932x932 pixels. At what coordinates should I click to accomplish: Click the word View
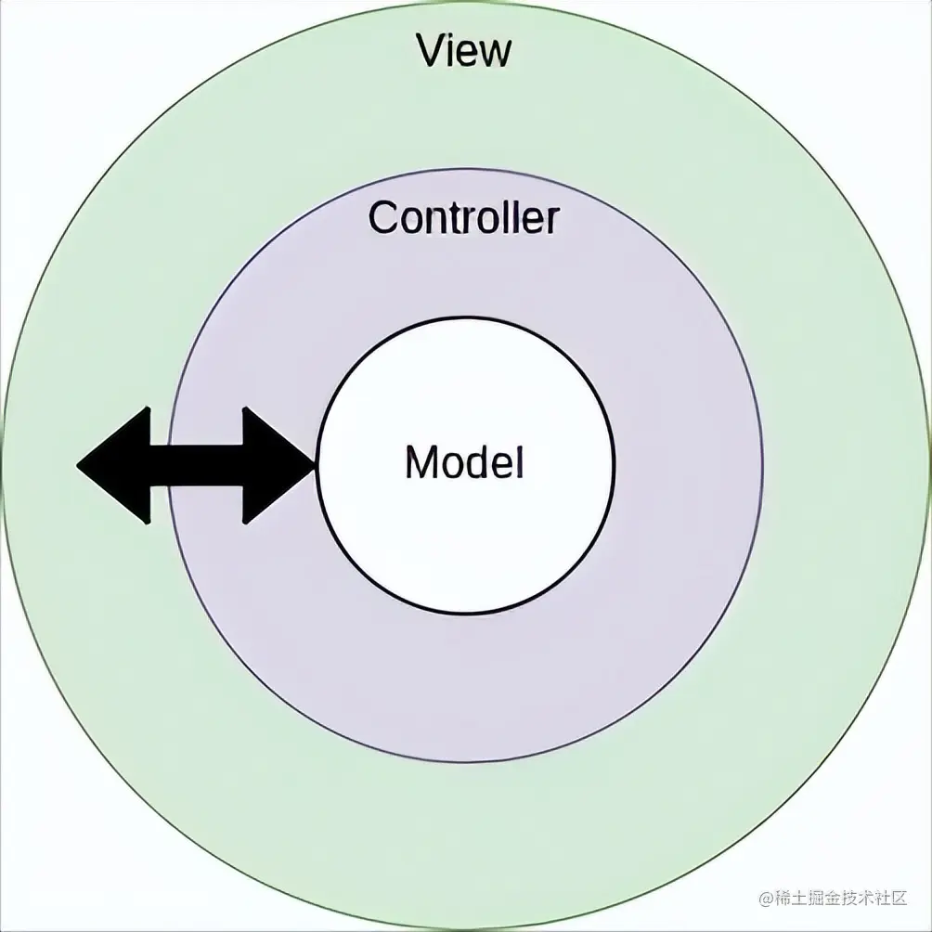tap(464, 51)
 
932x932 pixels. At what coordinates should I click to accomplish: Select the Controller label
tap(464, 217)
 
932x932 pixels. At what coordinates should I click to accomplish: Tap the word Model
tap(464, 461)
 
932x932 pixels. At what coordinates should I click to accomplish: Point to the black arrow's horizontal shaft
tap(196, 465)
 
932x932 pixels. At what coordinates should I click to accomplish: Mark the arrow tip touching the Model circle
tap(313, 465)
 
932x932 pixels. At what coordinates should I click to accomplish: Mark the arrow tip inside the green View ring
tap(80, 465)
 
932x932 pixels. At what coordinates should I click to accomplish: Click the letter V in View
tap(431, 51)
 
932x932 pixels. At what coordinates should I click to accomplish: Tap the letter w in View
tap(494, 54)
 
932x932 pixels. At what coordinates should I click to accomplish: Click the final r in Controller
tap(552, 221)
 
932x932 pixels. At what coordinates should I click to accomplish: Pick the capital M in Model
tap(422, 461)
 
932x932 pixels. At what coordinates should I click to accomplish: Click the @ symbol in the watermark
tap(767, 899)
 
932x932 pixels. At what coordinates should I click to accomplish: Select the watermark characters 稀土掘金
tap(807, 899)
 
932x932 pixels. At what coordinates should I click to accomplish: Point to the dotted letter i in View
tap(452, 51)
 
